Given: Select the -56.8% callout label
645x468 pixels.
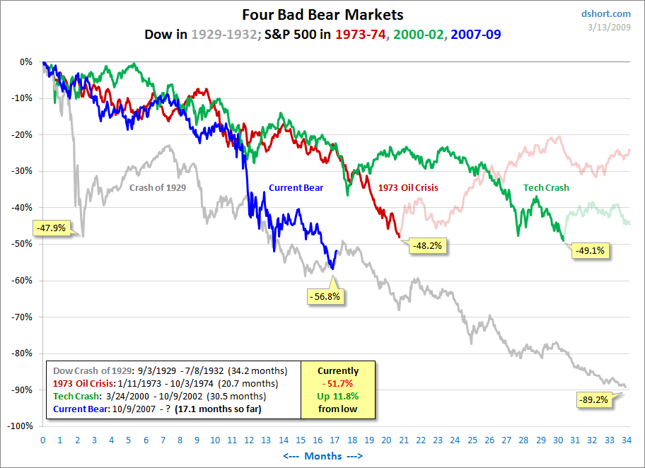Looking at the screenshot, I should (x=324, y=296).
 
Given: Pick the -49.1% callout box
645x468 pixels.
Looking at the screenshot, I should (x=591, y=250).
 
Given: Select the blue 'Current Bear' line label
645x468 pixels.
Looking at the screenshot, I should (x=296, y=188).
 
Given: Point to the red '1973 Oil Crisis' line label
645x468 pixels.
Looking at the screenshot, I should (x=408, y=188).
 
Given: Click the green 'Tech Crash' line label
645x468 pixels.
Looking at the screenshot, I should (x=546, y=188).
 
